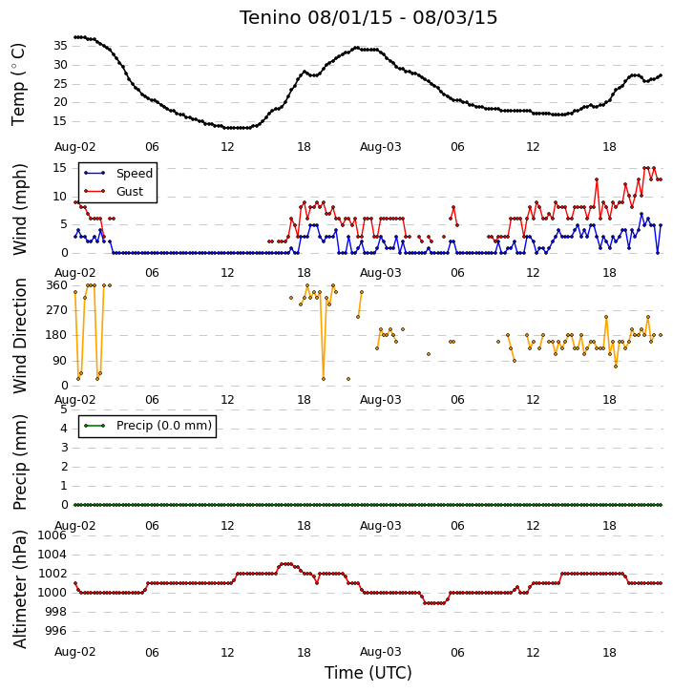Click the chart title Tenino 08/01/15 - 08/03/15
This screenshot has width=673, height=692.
[x=368, y=17]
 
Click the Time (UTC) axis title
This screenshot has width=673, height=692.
[x=368, y=673]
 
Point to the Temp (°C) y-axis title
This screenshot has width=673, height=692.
[x=18, y=85]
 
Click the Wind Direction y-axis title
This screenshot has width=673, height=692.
[x=20, y=335]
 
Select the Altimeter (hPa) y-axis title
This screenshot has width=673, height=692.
[x=20, y=589]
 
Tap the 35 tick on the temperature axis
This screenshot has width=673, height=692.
[x=60, y=46]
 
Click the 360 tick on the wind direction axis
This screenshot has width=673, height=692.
[x=56, y=285]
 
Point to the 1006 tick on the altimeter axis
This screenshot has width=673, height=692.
[x=53, y=535]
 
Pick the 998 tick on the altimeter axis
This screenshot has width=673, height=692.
[x=56, y=612]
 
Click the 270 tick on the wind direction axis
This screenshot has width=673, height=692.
[x=56, y=310]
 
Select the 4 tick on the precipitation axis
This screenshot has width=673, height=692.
[x=64, y=429]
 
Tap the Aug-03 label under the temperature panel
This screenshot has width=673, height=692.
[x=380, y=147]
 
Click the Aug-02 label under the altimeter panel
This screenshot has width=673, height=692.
[x=75, y=652]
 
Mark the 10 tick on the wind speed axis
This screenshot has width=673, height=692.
[x=60, y=197]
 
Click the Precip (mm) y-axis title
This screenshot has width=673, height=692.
[x=20, y=462]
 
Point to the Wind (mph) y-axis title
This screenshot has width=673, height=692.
[x=20, y=209]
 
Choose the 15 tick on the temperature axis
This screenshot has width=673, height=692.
[x=60, y=121]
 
